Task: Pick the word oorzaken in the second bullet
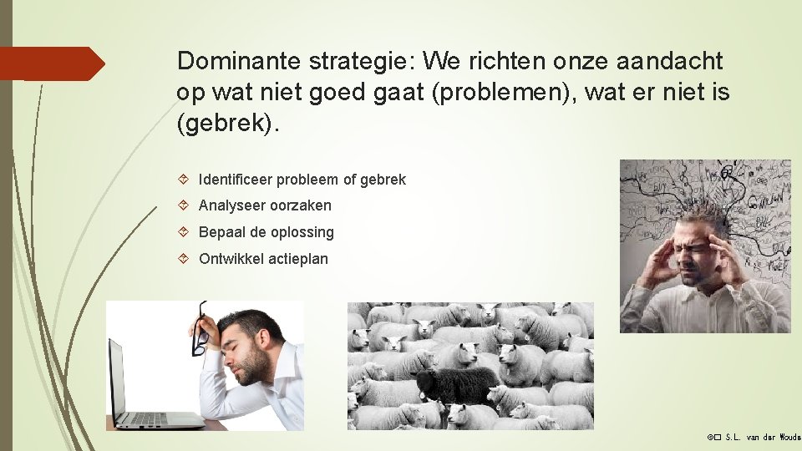[301, 205]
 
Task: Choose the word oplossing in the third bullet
[302, 232]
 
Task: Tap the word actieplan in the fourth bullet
[297, 259]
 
